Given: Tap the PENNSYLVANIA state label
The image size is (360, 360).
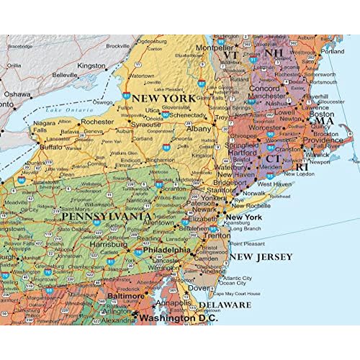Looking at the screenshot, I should click(x=107, y=216).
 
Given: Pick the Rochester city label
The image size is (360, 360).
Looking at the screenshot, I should click(x=98, y=122).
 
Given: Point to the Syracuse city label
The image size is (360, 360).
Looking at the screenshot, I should click(x=145, y=125).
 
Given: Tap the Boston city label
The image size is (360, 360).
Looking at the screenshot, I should click(x=321, y=114).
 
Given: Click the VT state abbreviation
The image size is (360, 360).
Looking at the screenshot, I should click(x=230, y=55).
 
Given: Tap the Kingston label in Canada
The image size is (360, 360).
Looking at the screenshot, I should click(x=92, y=65).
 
